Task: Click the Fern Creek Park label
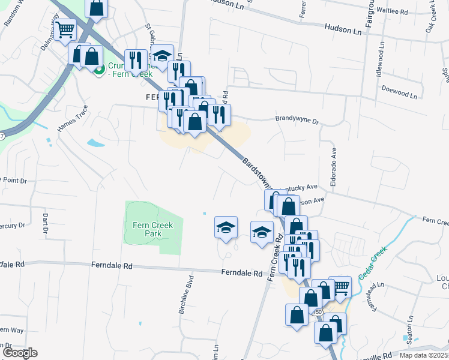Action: [153, 229]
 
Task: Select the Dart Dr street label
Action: [45, 222]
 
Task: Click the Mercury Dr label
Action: [13, 226]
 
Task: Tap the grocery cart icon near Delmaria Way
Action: [66, 28]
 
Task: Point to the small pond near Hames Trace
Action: [95, 143]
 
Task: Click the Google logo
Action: [20, 353]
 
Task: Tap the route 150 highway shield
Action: [318, 313]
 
